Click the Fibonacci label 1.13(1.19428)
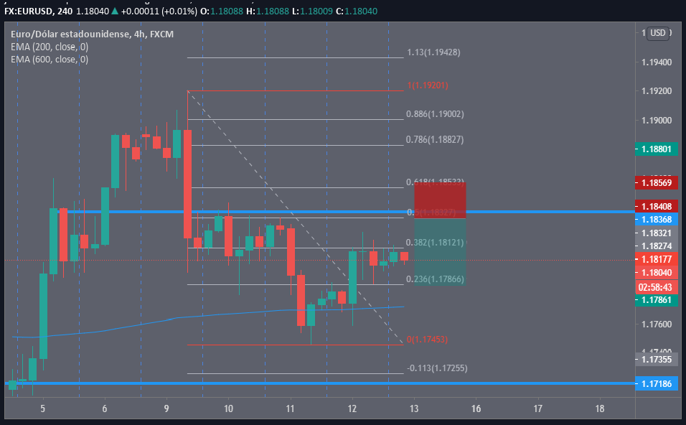pyautogui.click(x=433, y=52)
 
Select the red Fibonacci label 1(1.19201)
pyautogui.click(x=428, y=85)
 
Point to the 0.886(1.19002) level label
pyautogui.click(x=436, y=114)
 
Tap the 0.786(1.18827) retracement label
pyautogui.click(x=436, y=140)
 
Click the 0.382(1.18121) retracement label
pyautogui.click(x=436, y=243)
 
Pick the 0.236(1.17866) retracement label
pyautogui.click(x=436, y=279)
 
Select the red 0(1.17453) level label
pyautogui.click(x=428, y=340)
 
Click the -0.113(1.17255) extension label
pyautogui.click(x=437, y=368)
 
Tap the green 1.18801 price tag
pyautogui.click(x=656, y=149)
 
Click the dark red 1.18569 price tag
pyautogui.click(x=656, y=183)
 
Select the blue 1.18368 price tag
pyautogui.click(x=656, y=219)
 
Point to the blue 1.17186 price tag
pyautogui.click(x=656, y=385)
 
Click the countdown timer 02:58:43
pyautogui.click(x=656, y=286)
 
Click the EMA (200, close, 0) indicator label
pyautogui.click(x=50, y=47)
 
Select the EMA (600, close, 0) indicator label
pyautogui.click(x=50, y=60)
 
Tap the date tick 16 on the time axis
pyautogui.click(x=476, y=408)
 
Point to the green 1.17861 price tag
pyautogui.click(x=656, y=299)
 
